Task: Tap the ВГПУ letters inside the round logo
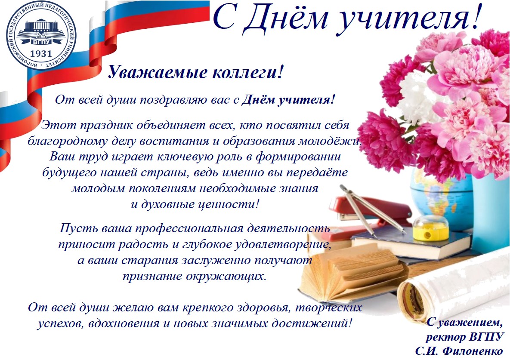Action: [x=41, y=42]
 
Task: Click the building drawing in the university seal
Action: [x=41, y=29]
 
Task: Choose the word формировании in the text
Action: [x=298, y=157]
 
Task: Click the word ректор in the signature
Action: [x=446, y=337]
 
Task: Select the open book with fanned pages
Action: [x=353, y=274]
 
